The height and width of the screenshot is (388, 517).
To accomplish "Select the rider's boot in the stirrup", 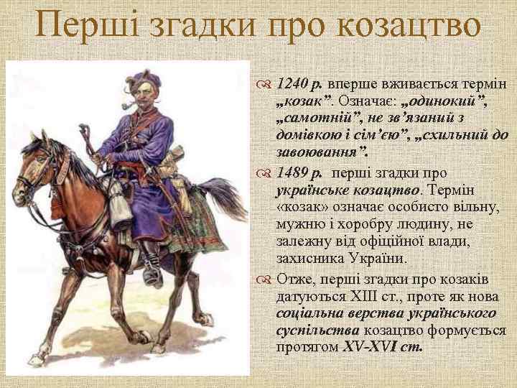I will [x=152, y=269].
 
